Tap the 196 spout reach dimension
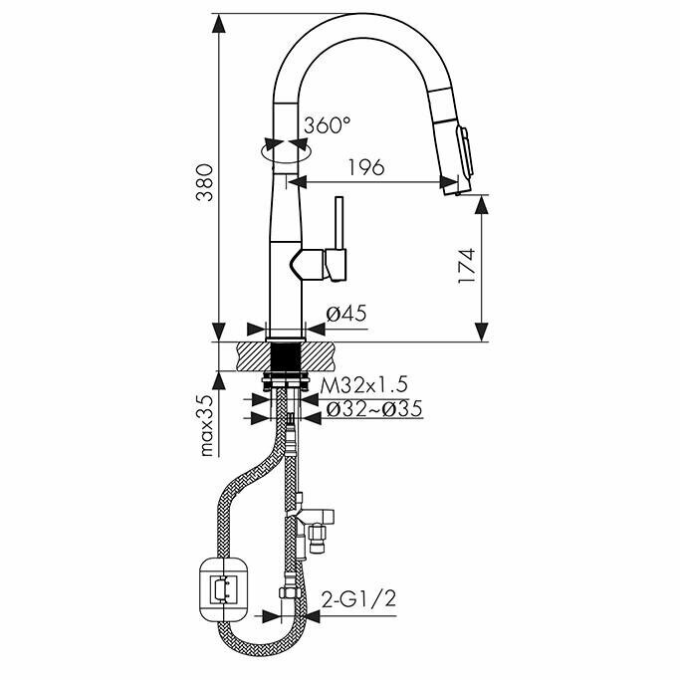pos(367,167)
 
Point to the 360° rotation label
pos(328,125)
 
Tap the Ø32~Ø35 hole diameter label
pos(369,408)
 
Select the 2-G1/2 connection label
pos(357,600)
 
